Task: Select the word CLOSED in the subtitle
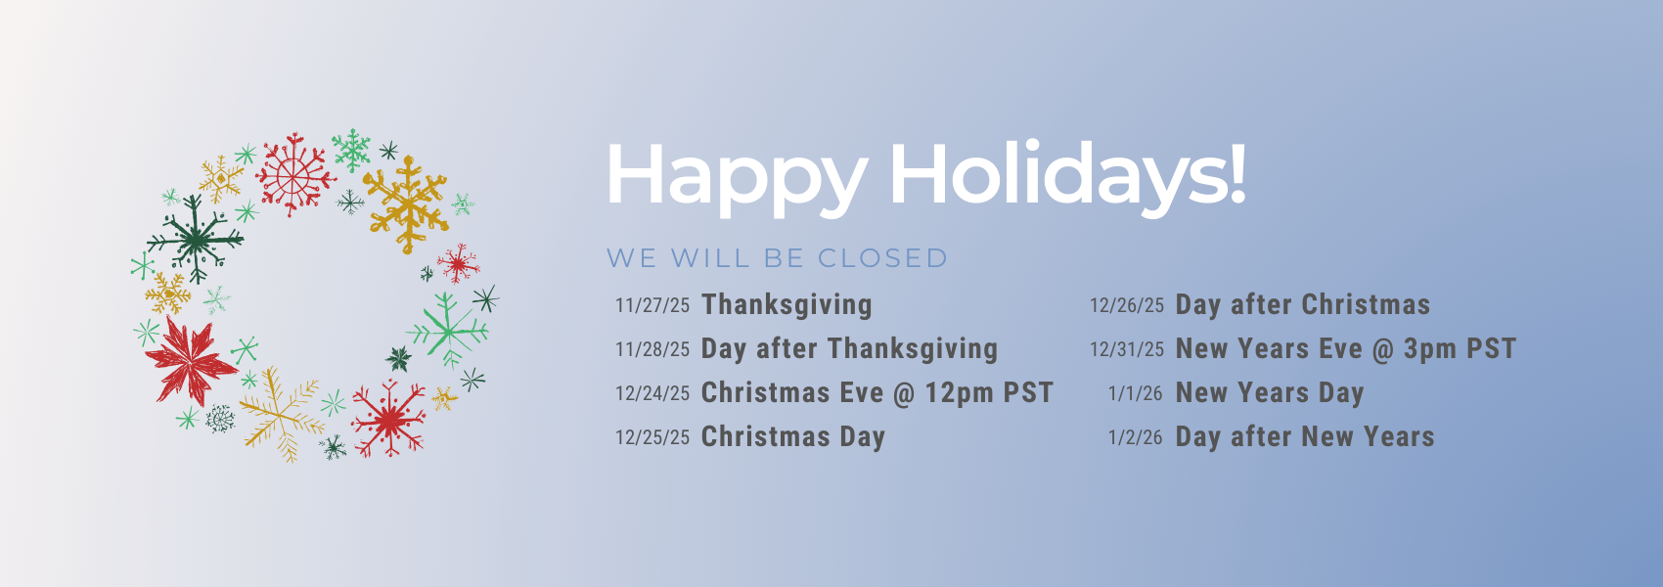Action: (882, 258)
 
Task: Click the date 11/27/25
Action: (652, 305)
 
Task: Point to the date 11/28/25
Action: (652, 349)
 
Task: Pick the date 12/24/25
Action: (652, 392)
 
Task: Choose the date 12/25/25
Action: (652, 437)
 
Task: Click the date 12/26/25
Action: (1126, 305)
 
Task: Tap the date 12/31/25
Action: (1126, 349)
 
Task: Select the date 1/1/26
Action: (1135, 392)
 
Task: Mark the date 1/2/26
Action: (1135, 437)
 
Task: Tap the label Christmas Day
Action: (793, 437)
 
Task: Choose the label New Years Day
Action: (1270, 392)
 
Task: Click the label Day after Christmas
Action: (1303, 304)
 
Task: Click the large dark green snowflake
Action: (196, 239)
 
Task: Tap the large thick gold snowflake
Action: (407, 203)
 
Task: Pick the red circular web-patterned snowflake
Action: (294, 174)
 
